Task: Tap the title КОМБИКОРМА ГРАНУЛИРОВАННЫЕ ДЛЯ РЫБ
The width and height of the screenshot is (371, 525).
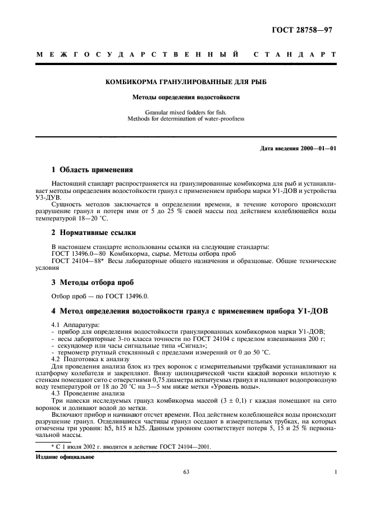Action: pyautogui.click(x=186, y=82)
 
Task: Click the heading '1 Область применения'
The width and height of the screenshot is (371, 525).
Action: pyautogui.click(x=92, y=169)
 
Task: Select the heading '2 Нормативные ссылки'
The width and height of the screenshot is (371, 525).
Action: pyautogui.click(x=93, y=232)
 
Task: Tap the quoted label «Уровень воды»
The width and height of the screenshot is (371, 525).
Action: pyautogui.click(x=239, y=387)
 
